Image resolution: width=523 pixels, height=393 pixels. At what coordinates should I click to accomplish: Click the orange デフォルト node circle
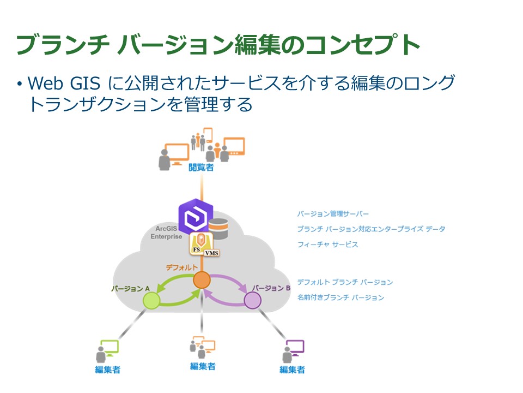(x=202, y=280)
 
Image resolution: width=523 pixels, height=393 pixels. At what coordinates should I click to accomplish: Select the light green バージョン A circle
(x=150, y=300)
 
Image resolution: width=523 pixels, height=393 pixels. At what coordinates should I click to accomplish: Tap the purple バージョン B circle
(x=252, y=300)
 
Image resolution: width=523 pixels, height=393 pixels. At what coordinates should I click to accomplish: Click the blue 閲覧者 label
(x=201, y=168)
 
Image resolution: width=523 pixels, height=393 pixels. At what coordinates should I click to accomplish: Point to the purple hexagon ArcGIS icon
(x=195, y=217)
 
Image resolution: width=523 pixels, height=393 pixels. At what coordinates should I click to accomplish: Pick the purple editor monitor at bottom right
(x=295, y=347)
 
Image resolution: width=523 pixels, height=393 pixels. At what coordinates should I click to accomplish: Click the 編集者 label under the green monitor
(x=107, y=370)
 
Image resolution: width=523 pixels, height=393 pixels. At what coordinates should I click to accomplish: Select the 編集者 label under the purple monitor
(x=292, y=370)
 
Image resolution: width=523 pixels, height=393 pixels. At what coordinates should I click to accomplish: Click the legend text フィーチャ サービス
(x=328, y=245)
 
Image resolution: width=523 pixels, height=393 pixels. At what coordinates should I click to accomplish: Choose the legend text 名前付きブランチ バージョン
(x=340, y=297)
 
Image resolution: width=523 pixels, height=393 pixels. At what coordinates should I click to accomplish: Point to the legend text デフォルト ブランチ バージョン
(x=345, y=282)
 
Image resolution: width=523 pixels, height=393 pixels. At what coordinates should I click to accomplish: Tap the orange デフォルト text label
(x=185, y=267)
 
